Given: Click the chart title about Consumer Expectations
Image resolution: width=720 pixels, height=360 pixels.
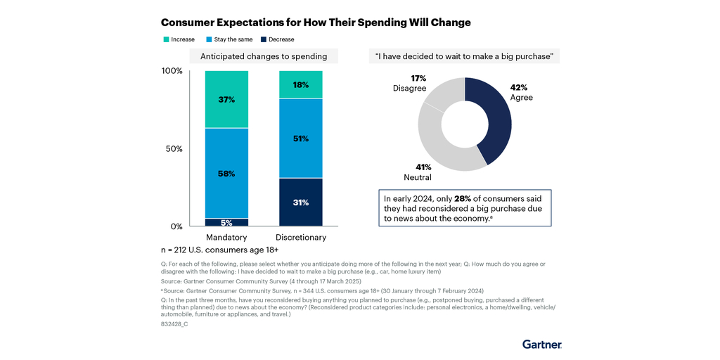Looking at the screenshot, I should coord(316,22).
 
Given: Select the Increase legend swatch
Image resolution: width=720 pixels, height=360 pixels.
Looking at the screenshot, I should coord(166,39).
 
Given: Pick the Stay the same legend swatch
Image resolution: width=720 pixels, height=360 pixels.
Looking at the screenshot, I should coord(209,39).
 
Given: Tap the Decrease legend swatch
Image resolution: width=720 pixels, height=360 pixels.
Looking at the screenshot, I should coord(264,39).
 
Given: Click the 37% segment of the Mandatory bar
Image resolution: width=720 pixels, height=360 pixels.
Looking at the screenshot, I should coord(226,99).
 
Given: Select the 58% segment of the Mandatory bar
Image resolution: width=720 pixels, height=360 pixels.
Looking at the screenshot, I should coord(226,173).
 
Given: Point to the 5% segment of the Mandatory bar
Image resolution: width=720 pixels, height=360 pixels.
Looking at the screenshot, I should coord(226,222).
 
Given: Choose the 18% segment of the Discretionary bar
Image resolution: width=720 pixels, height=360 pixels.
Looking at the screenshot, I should coord(301,85).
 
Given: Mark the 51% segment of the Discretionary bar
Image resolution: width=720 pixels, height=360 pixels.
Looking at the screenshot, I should coord(301,139).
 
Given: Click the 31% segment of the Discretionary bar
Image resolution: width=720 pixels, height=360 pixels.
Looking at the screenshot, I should coord(301,202).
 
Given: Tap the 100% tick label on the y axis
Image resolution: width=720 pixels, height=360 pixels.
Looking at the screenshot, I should coord(172,71).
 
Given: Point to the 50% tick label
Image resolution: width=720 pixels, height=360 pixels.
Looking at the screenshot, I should coord(174,149).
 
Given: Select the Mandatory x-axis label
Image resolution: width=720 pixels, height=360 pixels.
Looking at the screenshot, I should coord(226,238).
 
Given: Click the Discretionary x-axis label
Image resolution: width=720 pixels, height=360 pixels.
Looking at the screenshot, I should coord(301,238).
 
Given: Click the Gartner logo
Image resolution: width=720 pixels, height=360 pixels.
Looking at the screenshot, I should coord(542,345).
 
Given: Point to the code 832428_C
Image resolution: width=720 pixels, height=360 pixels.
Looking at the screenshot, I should coord(174,324).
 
